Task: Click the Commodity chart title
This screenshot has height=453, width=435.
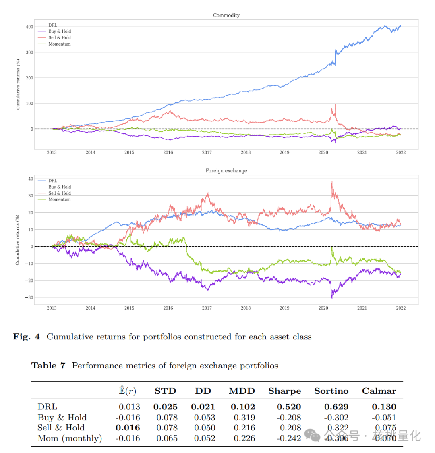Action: tap(226, 15)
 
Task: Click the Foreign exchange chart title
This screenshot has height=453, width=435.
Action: tap(226, 171)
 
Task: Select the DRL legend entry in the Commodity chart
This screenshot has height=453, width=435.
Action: tap(53, 25)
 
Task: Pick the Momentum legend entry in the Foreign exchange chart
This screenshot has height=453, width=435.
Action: tap(59, 199)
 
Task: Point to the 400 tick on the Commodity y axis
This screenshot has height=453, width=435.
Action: tap(29, 27)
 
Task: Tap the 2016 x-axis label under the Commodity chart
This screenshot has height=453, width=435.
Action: tap(168, 152)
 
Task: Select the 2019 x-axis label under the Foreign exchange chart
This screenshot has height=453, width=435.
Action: tap(284, 308)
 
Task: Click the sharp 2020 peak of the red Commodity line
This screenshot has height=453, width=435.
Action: tap(335, 105)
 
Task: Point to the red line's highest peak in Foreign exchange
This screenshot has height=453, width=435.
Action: tap(332, 181)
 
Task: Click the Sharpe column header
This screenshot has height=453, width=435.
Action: tap(284, 391)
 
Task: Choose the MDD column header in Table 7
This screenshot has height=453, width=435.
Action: tap(242, 391)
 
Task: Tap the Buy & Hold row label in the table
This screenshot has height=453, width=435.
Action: tap(62, 418)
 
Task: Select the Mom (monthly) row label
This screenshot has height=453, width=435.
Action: tap(70, 438)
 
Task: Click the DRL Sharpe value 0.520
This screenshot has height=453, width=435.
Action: tap(289, 407)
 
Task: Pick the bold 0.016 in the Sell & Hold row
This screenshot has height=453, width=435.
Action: tap(128, 428)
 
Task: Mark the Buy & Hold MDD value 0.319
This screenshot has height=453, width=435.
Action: tap(244, 418)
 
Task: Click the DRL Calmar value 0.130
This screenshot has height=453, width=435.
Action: tap(384, 407)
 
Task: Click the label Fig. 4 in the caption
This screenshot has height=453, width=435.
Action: tap(27, 337)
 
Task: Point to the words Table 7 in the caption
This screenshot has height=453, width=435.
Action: tap(48, 366)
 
